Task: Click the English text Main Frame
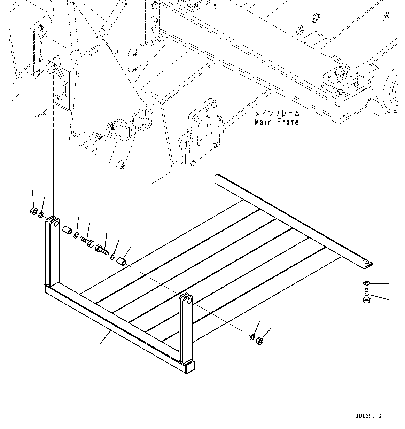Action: point(277,122)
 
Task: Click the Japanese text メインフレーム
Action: point(277,114)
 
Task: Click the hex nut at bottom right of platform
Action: point(259,341)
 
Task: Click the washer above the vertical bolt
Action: point(366,282)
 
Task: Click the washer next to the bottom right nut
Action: point(252,336)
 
